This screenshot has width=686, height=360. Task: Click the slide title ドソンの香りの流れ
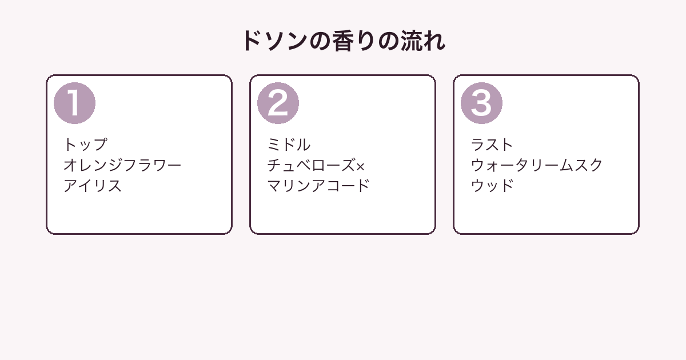coord(344,41)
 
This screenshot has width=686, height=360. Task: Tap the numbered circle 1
coord(74,103)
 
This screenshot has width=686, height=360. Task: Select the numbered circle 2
coord(278,103)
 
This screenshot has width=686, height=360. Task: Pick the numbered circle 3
coord(481,103)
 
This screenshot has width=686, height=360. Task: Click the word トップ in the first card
coord(85,145)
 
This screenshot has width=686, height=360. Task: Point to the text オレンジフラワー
coord(122,165)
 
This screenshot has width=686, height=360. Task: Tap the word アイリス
coord(93,186)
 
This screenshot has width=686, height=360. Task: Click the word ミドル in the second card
coord(289,145)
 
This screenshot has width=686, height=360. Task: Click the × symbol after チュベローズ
coord(361,166)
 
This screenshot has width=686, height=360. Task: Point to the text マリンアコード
coord(318,186)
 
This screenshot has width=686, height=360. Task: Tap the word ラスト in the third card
coord(492,145)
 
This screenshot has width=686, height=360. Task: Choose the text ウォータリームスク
coord(537,165)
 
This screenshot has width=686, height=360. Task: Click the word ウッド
coord(492,186)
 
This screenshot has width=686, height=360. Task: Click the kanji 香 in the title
coord(343,41)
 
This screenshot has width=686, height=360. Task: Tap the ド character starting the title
coord(253,41)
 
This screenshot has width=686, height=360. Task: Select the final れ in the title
coord(434,41)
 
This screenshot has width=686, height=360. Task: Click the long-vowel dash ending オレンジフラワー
coord(174,166)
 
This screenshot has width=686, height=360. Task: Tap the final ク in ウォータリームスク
coord(596,165)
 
